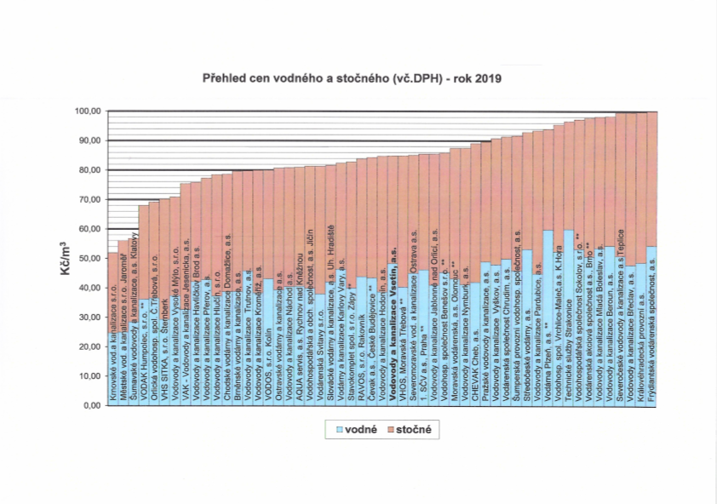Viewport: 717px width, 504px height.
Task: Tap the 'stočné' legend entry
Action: coord(412,429)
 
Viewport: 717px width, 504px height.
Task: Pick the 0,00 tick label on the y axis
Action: coord(91,405)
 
